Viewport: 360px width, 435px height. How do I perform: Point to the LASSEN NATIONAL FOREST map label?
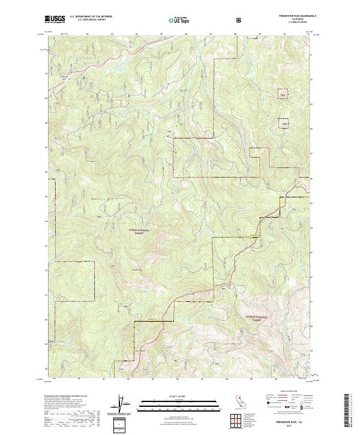tap(140, 231)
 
